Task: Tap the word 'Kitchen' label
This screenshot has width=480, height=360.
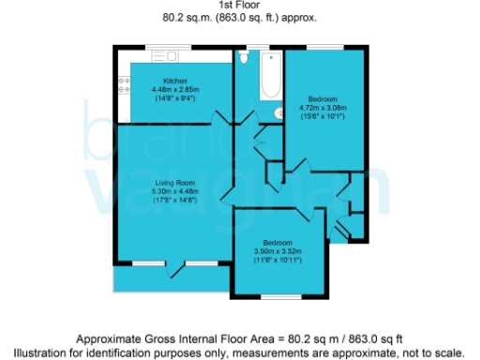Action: pyautogui.click(x=176, y=81)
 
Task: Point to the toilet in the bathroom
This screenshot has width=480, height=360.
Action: pyautogui.click(x=244, y=57)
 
